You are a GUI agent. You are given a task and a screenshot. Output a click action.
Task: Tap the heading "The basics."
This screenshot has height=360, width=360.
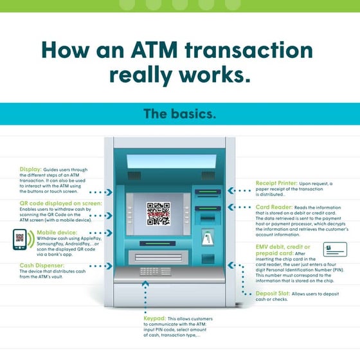pos(179,114)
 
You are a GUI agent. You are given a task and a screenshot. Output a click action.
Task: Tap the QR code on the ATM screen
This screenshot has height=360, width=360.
pos(157,213)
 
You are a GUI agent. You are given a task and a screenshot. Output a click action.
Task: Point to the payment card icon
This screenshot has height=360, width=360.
pos(336,249)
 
